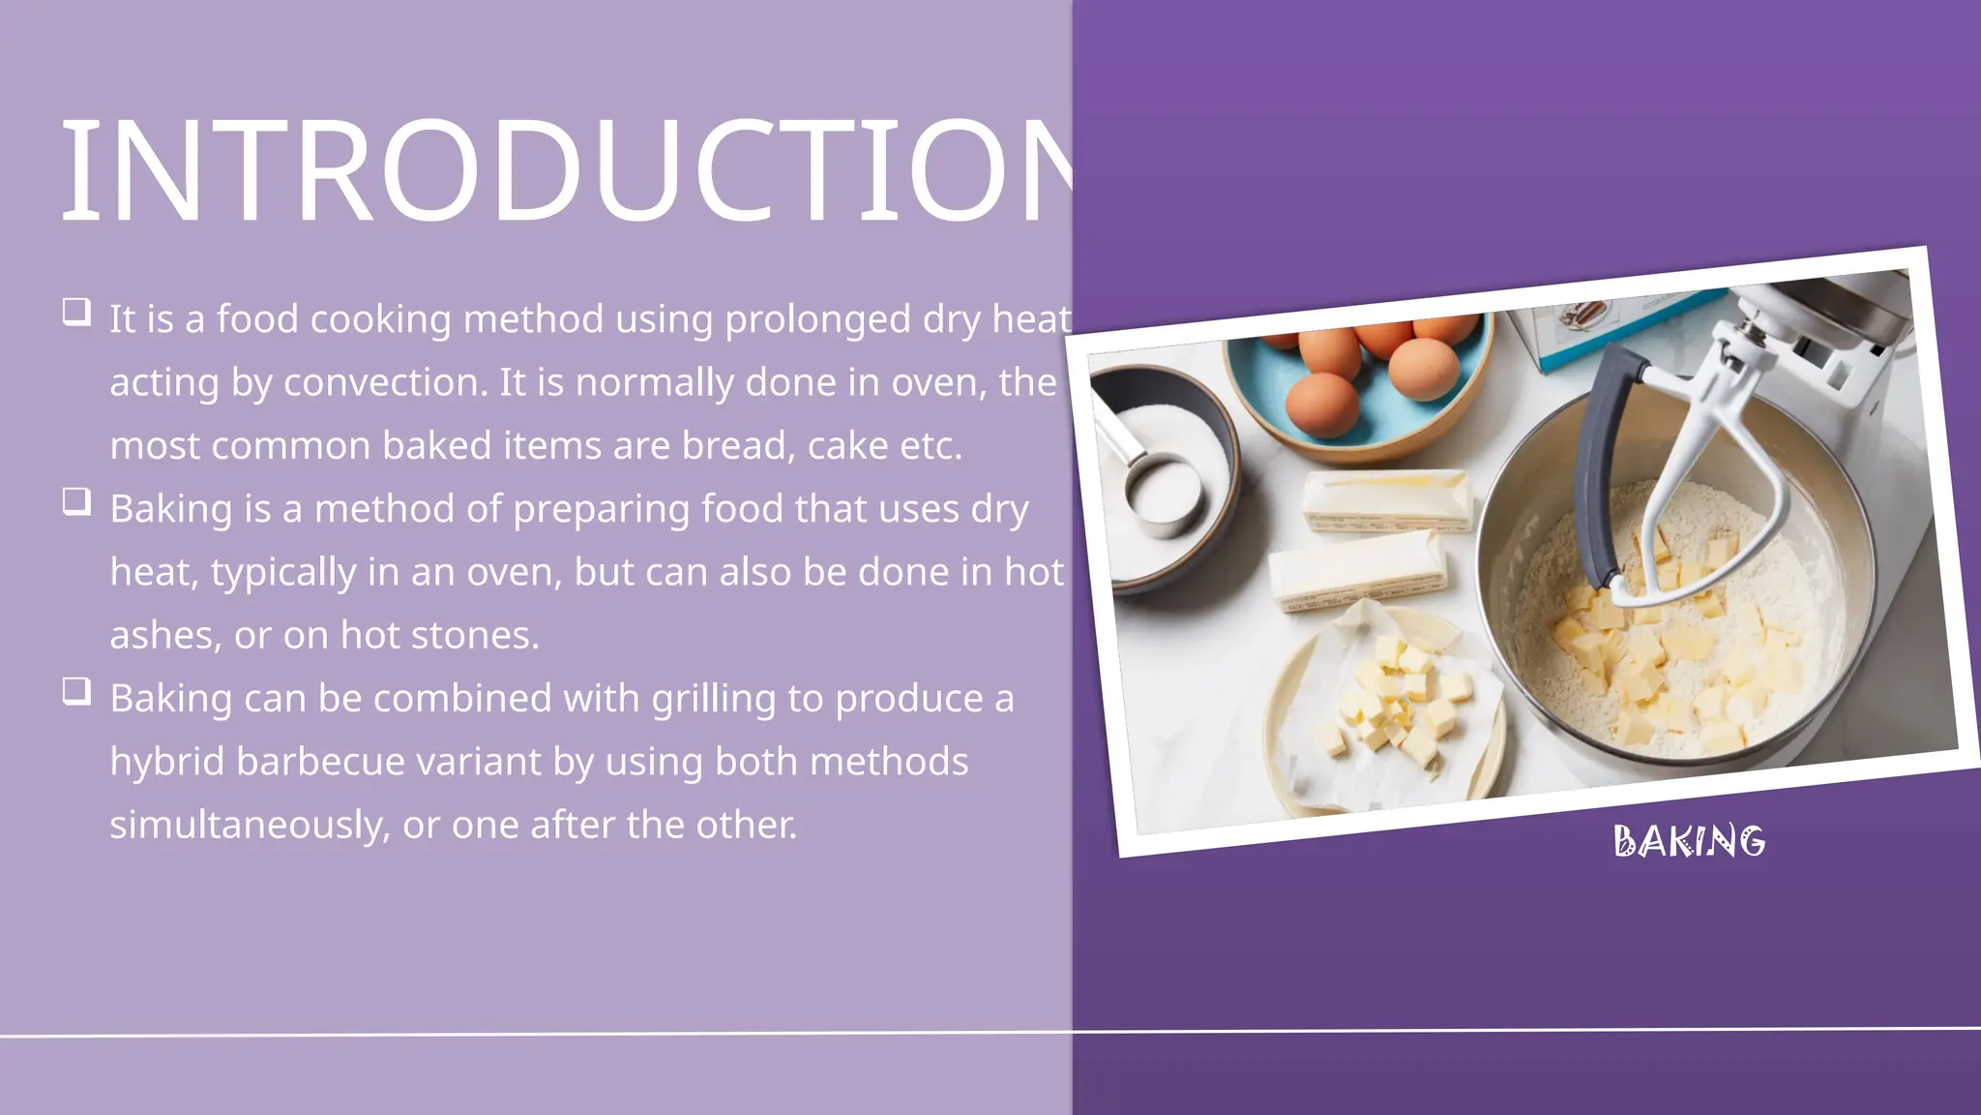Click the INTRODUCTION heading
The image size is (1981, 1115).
(566, 172)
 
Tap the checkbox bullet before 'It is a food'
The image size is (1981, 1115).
(76, 312)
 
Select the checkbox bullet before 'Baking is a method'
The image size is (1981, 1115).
(76, 501)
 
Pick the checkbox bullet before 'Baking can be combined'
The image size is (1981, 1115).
(76, 691)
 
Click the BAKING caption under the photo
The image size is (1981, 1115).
(1689, 841)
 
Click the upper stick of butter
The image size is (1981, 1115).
(1385, 500)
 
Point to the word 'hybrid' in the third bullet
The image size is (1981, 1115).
(166, 762)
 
